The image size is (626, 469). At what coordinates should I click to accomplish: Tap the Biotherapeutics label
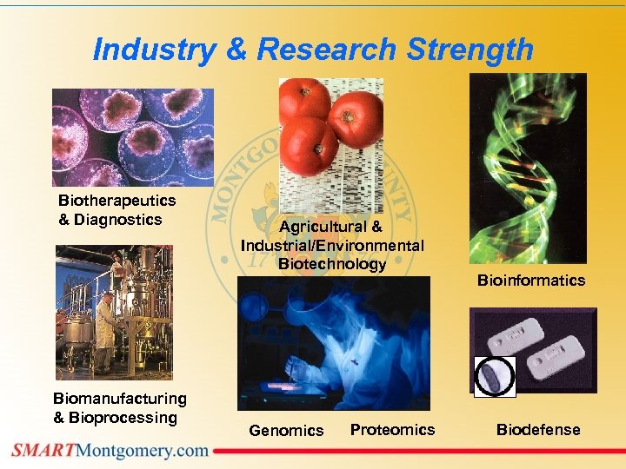click(x=117, y=201)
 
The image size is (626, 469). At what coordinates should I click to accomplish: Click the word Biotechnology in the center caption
click(x=332, y=264)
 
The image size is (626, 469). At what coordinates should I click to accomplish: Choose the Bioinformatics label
click(x=530, y=281)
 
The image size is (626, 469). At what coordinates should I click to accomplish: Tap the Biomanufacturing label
click(x=120, y=399)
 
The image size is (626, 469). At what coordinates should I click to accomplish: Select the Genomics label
click(x=286, y=430)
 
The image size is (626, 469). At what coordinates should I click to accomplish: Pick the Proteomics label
click(x=392, y=430)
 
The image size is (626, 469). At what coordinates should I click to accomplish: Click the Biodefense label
click(x=537, y=430)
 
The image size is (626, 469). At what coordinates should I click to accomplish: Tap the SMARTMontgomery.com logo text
click(x=110, y=450)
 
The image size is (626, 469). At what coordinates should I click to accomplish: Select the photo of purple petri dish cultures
click(x=133, y=136)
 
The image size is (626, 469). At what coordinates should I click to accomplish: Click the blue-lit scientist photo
click(x=333, y=343)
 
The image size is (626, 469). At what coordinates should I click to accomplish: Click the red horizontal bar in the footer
click(x=417, y=451)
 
